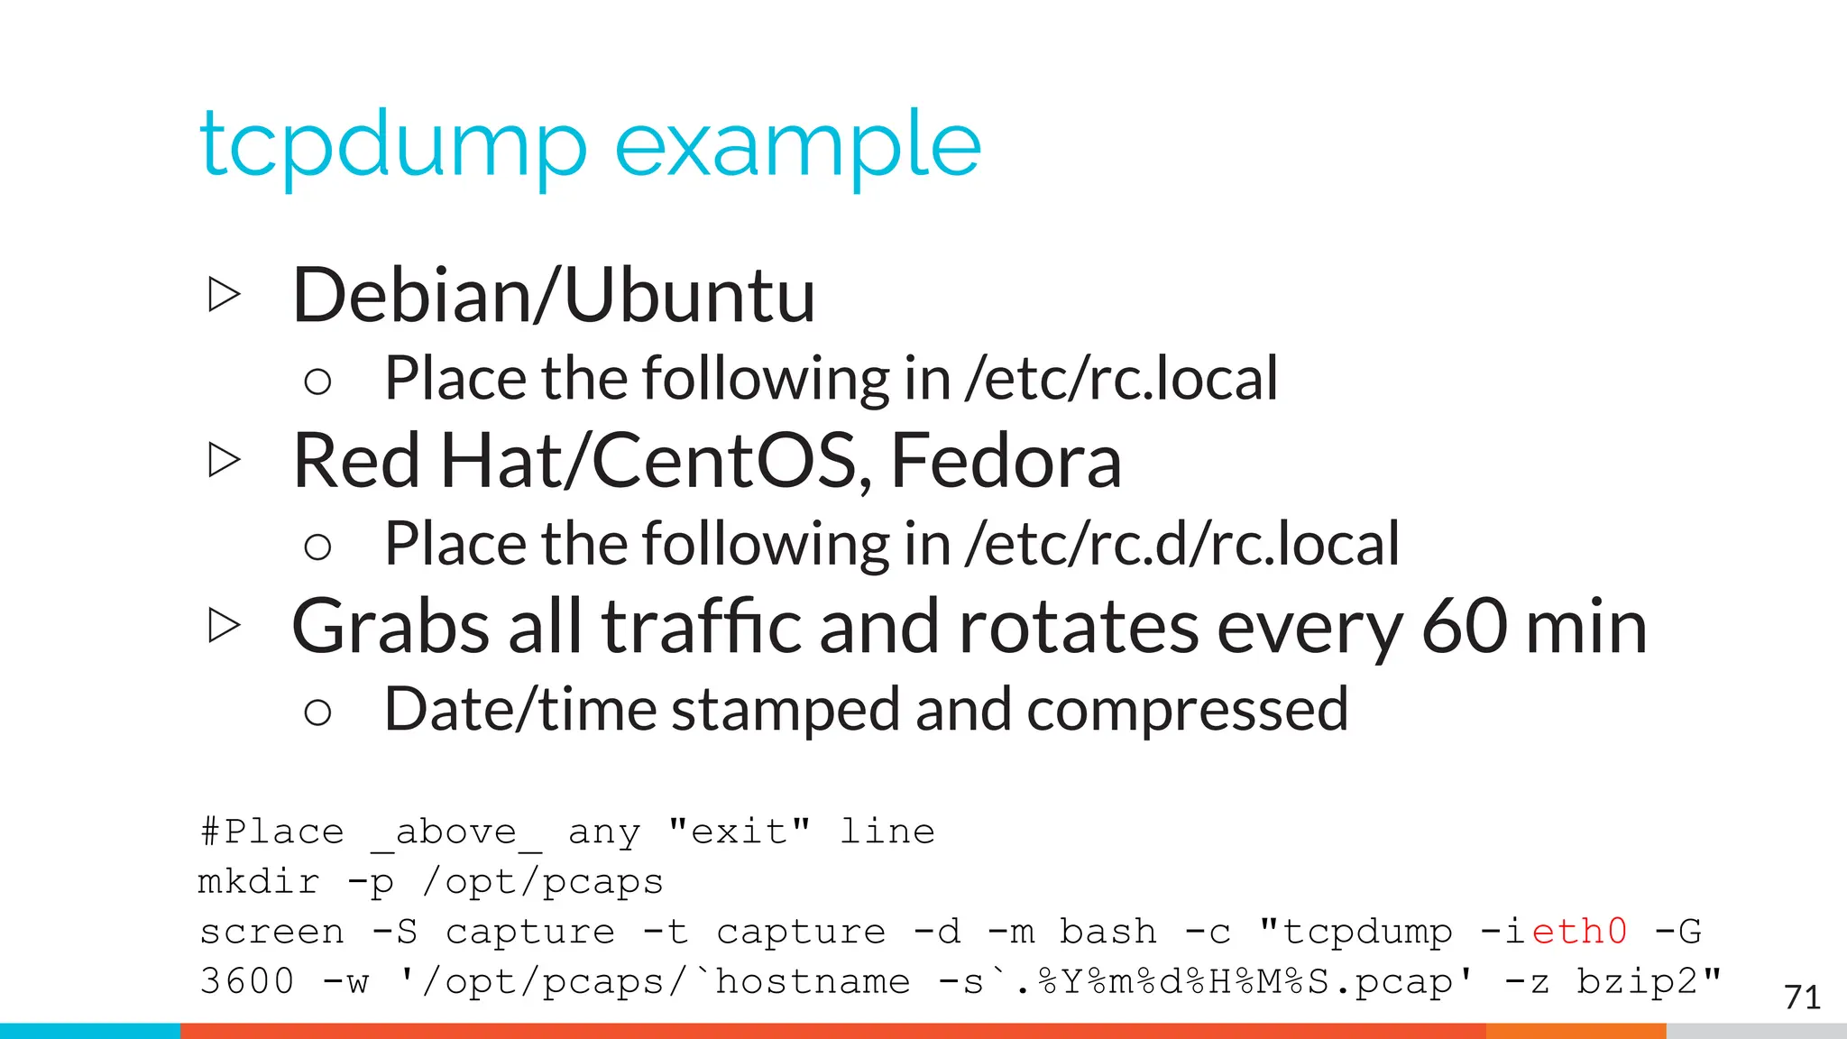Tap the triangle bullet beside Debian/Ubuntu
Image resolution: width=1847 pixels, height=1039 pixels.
click(x=224, y=294)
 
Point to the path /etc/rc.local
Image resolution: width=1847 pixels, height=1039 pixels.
click(x=1121, y=378)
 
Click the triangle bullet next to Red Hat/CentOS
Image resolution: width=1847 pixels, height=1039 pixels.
click(x=224, y=460)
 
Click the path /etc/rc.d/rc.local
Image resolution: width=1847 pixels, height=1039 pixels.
click(x=1181, y=544)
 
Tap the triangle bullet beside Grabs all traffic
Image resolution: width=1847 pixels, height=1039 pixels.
click(x=224, y=625)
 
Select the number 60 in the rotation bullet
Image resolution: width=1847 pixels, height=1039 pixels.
click(x=1464, y=626)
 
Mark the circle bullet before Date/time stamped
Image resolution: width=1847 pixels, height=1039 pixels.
click(x=317, y=713)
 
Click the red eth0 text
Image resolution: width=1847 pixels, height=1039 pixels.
click(x=1579, y=932)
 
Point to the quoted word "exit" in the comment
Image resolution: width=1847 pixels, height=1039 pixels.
click(x=739, y=831)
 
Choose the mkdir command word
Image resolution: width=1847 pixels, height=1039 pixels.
click(x=259, y=881)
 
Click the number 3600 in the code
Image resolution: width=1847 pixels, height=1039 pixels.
click(x=247, y=981)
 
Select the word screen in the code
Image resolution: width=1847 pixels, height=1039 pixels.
click(x=271, y=932)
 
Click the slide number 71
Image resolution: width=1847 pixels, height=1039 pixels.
click(x=1801, y=998)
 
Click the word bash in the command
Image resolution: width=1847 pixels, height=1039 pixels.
click(x=1107, y=932)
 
